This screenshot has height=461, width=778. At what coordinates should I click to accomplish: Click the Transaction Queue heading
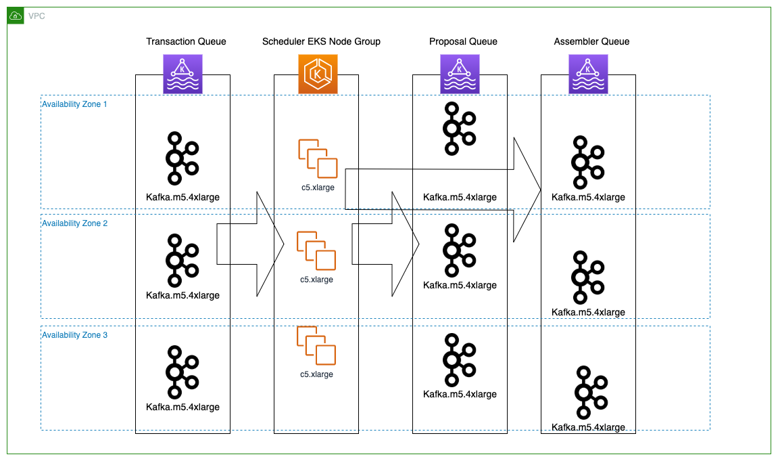[x=186, y=41]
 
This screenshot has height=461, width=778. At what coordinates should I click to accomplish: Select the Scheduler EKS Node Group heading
[x=321, y=41]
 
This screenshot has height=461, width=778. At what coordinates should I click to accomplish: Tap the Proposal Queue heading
[x=463, y=41]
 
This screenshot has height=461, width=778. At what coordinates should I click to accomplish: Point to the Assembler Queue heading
[x=591, y=41]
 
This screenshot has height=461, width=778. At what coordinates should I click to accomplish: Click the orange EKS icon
[x=318, y=74]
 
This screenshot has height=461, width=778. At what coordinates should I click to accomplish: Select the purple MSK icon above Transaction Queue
[x=183, y=74]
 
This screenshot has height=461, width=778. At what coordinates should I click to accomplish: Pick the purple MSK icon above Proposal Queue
[x=460, y=74]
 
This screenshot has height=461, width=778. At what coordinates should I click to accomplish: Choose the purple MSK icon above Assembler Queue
[x=588, y=74]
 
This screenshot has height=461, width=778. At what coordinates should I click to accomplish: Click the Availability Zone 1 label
[x=74, y=104]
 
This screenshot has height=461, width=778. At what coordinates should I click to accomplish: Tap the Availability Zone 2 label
[x=74, y=223]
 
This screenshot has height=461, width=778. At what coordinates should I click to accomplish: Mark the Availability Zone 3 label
[x=74, y=335]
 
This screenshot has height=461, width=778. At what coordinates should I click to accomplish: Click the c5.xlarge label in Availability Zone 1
[x=317, y=188]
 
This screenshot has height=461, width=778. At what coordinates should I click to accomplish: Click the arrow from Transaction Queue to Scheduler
[x=250, y=244]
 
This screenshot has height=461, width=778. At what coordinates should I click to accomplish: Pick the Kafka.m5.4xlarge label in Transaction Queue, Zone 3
[x=183, y=407]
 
